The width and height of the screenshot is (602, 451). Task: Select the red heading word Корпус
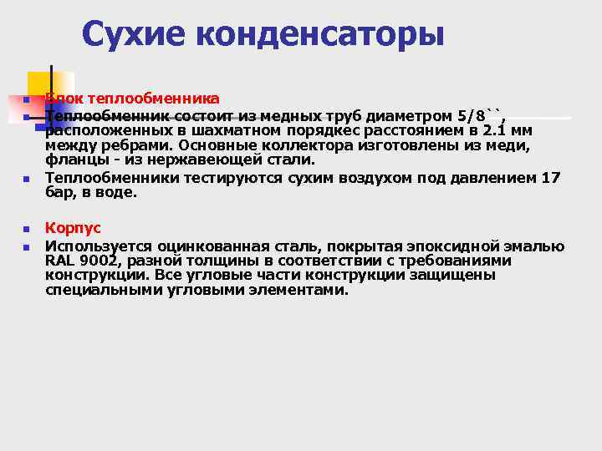[73, 227]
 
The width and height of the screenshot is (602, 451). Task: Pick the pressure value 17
[551, 177]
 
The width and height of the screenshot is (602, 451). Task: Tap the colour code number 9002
[99, 261]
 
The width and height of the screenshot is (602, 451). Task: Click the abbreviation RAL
[61, 261]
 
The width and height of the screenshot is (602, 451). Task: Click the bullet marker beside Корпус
[26, 229]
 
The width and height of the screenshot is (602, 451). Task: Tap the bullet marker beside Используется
[26, 247]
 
